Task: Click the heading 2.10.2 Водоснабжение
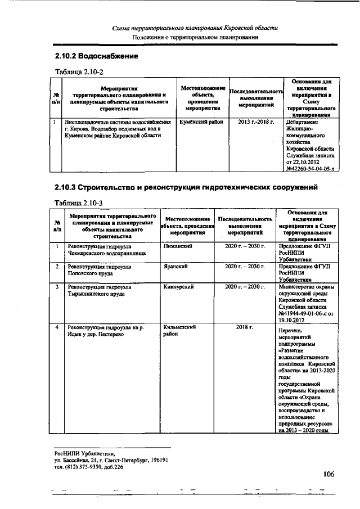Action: point(96,57)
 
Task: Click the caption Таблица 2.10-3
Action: point(79,202)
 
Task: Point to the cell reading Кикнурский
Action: point(179,287)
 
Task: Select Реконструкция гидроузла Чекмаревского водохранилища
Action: point(106,250)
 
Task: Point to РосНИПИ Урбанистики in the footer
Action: point(84,452)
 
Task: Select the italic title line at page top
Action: point(195,28)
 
